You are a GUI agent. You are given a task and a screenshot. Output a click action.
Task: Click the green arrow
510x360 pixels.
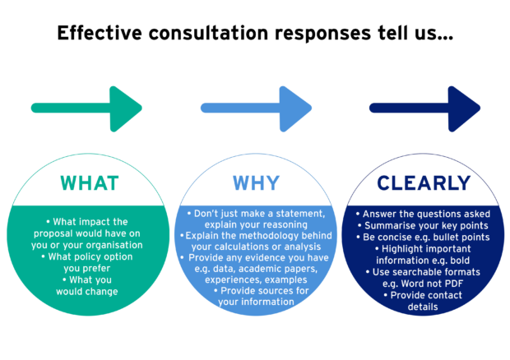click(x=86, y=108)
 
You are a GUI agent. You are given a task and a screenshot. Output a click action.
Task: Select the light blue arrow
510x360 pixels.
click(x=257, y=108)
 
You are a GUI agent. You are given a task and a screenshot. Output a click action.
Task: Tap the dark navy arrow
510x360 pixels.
click(x=424, y=108)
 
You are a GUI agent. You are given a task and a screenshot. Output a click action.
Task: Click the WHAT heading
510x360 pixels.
click(x=90, y=183)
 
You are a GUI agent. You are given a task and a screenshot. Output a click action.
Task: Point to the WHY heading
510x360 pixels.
click(x=257, y=183)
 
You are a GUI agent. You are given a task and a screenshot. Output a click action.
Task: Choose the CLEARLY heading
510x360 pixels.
click(x=424, y=183)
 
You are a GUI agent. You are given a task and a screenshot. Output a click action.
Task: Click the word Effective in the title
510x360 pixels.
click(x=100, y=33)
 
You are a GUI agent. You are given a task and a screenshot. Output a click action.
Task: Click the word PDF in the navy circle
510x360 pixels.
click(x=454, y=284)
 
